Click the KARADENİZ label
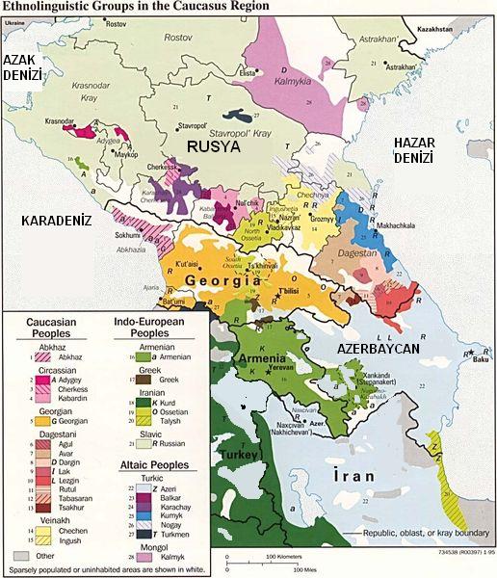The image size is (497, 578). coord(55,221)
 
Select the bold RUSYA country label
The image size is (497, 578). coord(213,146)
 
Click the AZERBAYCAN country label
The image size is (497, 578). coord(378,348)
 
